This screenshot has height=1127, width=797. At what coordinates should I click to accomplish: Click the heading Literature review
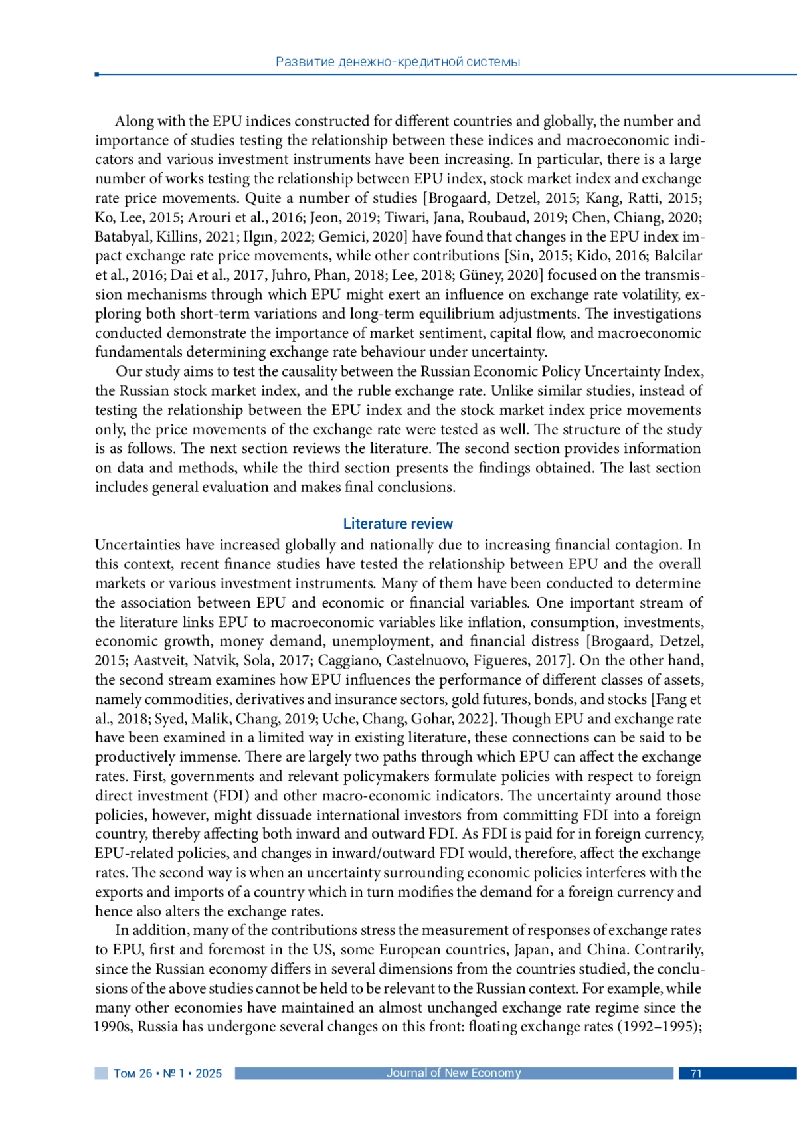[398, 524]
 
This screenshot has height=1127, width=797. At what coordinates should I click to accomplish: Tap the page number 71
[696, 1074]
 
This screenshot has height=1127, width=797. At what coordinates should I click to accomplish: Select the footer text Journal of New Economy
[454, 1073]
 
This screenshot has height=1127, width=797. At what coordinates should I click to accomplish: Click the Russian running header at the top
[398, 62]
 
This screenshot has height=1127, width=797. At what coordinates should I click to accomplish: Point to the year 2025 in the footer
[209, 1074]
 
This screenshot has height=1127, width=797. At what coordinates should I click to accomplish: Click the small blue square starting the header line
[97, 74]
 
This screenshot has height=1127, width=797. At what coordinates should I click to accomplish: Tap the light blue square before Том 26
[101, 1073]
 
